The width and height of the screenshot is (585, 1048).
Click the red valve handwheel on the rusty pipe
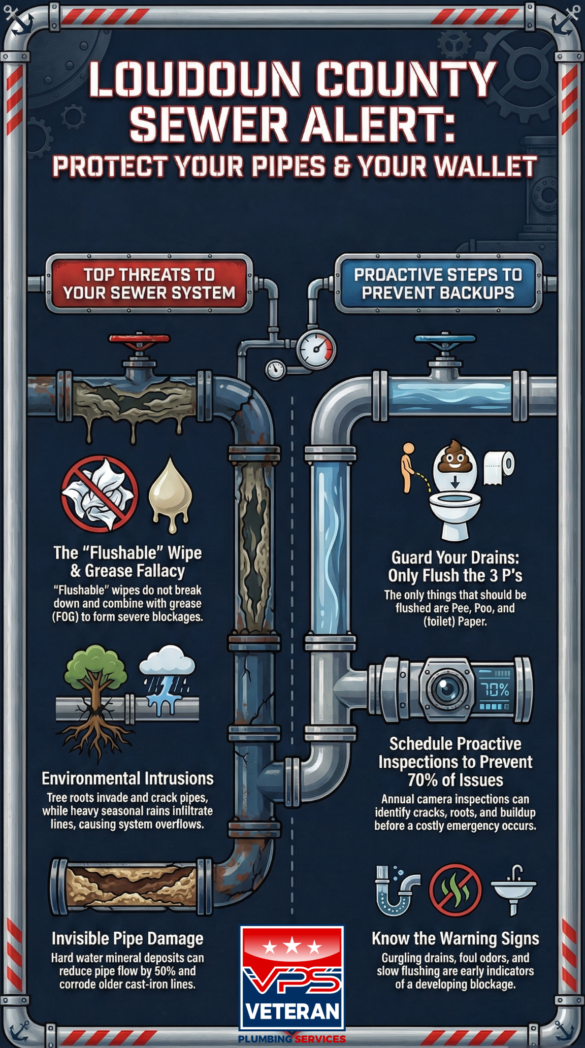[x=139, y=339]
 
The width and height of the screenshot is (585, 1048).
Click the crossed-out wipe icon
[x=100, y=493]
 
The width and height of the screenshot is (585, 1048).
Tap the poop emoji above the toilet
[x=454, y=456]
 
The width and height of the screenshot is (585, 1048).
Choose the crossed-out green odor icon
[x=455, y=890]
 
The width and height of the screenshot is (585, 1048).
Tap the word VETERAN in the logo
[x=292, y=1011]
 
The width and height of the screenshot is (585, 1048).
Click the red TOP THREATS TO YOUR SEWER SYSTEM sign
[x=149, y=283]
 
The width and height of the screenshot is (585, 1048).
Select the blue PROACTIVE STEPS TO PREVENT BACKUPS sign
[x=438, y=283]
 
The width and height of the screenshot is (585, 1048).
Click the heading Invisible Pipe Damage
[x=127, y=938]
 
